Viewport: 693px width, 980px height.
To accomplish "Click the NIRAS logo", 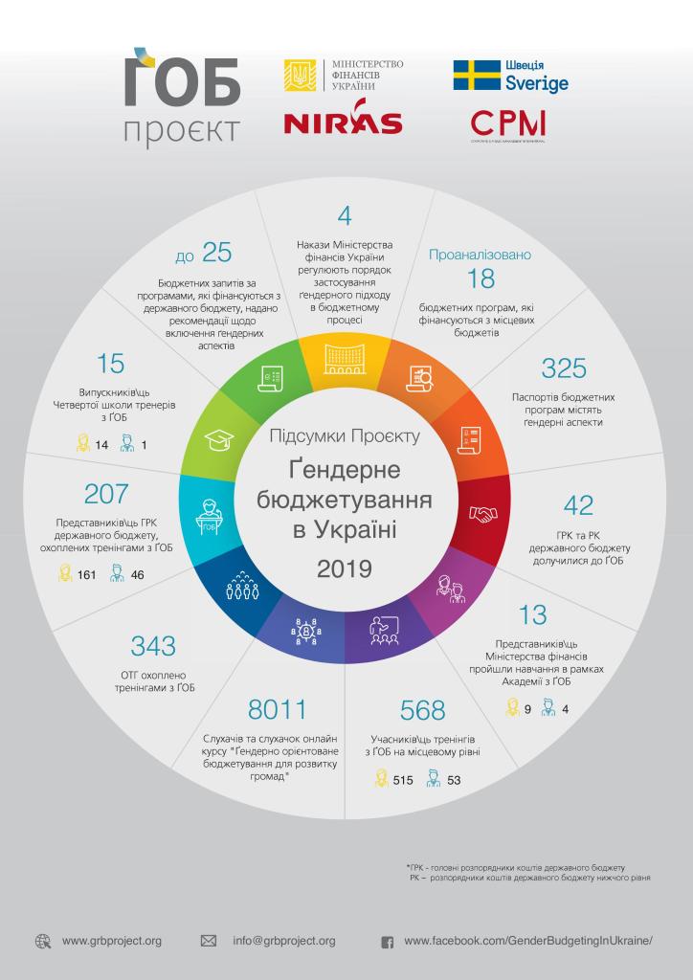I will click(x=343, y=123).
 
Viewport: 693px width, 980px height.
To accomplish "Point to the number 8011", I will click(x=277, y=709).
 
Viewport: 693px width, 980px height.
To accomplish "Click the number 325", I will click(x=564, y=368).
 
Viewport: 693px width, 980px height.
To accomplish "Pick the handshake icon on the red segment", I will click(x=483, y=514).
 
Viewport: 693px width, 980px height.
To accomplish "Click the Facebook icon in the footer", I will click(x=388, y=942).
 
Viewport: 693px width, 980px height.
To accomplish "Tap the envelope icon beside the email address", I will click(x=208, y=941).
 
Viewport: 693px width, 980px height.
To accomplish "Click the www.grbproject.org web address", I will click(x=112, y=941).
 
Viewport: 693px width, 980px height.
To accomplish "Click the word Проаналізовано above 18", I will click(x=480, y=255).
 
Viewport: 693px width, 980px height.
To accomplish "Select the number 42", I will click(x=579, y=504).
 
